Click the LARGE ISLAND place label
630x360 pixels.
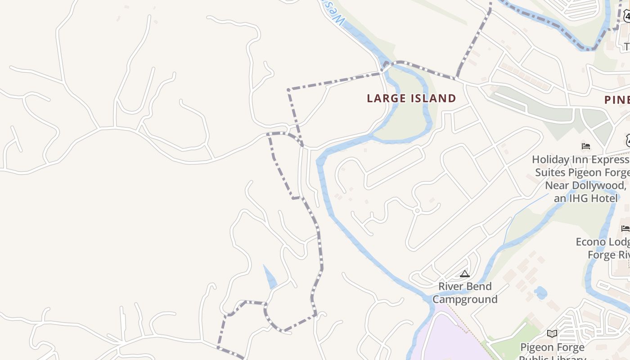tap(411, 99)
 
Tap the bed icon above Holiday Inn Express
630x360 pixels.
tap(586, 146)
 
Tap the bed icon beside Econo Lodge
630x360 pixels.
tap(625, 229)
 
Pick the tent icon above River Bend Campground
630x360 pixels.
tap(465, 273)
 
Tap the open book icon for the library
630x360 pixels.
tap(552, 333)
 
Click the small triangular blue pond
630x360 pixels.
tap(270, 278)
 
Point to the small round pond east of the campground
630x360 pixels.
tap(540, 293)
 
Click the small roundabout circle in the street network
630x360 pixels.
tap(417, 211)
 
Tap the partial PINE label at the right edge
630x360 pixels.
tap(616, 100)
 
